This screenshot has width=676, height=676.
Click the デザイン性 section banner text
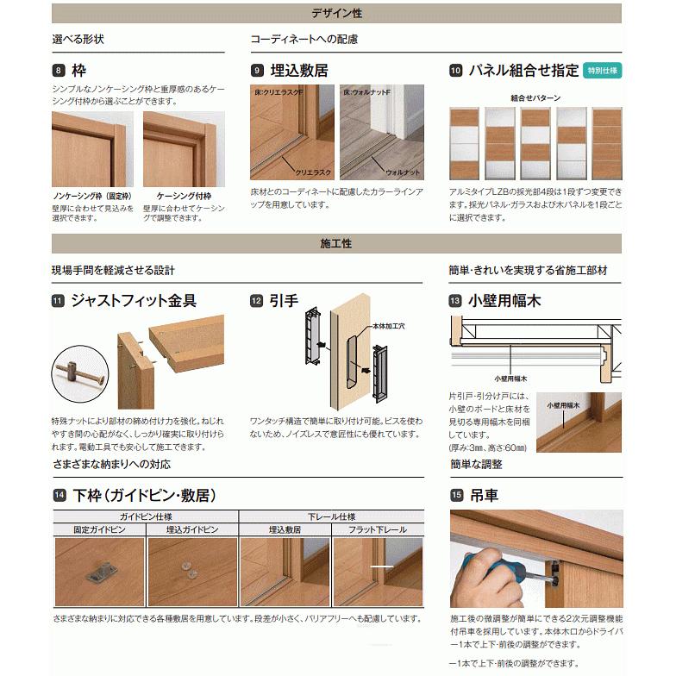(x=336, y=13)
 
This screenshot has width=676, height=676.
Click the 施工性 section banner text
(x=336, y=244)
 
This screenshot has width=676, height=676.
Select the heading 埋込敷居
(x=299, y=71)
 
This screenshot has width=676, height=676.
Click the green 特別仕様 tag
(x=602, y=71)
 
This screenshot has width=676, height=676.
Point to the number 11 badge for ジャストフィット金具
(x=59, y=301)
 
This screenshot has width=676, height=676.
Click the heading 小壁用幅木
(x=504, y=301)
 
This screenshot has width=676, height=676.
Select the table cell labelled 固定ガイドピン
(x=99, y=529)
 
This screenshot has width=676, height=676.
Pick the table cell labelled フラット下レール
(x=378, y=529)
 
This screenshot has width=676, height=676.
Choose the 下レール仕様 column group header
(x=331, y=516)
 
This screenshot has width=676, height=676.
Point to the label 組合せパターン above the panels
(x=535, y=97)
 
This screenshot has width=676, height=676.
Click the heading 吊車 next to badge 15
(x=484, y=496)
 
